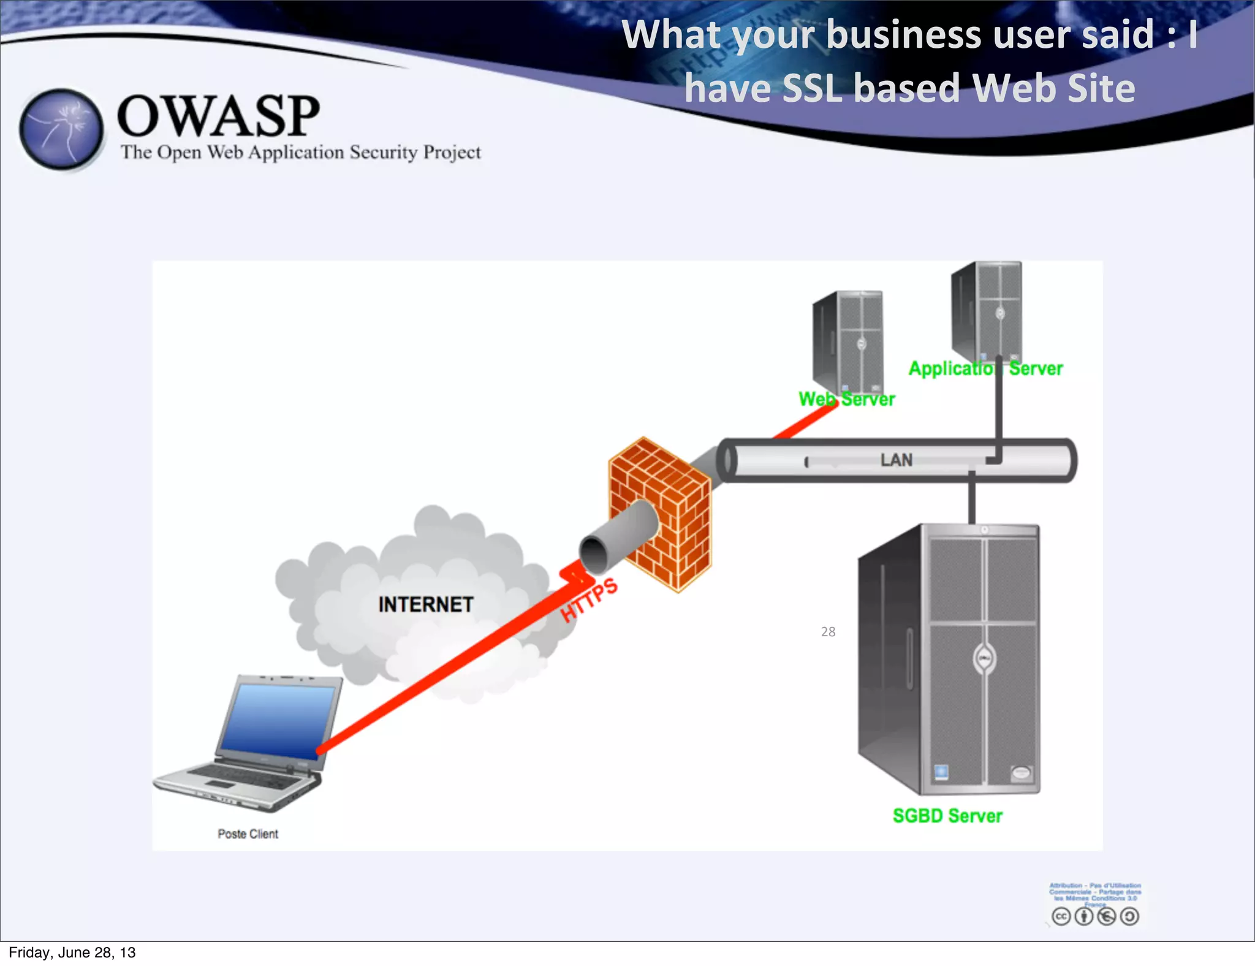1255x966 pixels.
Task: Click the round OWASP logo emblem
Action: click(61, 129)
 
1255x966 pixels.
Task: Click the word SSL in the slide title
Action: click(812, 88)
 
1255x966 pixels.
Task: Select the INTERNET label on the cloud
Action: click(426, 604)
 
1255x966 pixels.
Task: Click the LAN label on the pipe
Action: click(896, 460)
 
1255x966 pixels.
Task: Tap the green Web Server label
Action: click(847, 399)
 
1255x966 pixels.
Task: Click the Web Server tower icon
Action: click(849, 340)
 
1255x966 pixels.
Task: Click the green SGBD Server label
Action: click(947, 816)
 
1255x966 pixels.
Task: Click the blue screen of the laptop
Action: click(279, 720)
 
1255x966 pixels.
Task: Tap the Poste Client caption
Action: click(248, 834)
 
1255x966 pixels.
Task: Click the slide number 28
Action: click(828, 631)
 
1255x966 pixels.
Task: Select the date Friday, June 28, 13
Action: click(72, 952)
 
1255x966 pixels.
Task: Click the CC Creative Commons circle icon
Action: click(1061, 916)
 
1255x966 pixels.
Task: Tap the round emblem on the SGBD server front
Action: click(985, 659)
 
